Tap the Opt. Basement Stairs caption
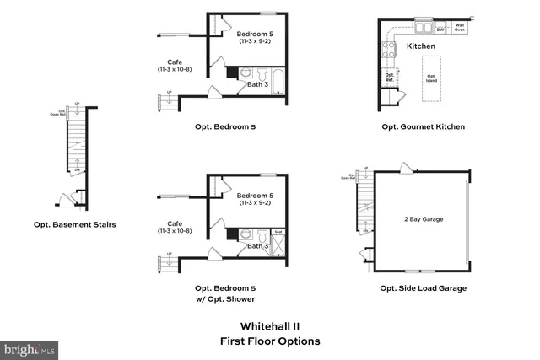point(74,225)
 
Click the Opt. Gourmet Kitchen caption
point(423,127)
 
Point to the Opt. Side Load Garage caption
point(424,288)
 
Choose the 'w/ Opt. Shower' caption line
point(224,299)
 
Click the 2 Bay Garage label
point(423,219)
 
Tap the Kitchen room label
point(420,46)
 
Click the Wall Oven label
point(460,26)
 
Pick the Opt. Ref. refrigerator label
point(390,77)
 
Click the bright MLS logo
point(30,347)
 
